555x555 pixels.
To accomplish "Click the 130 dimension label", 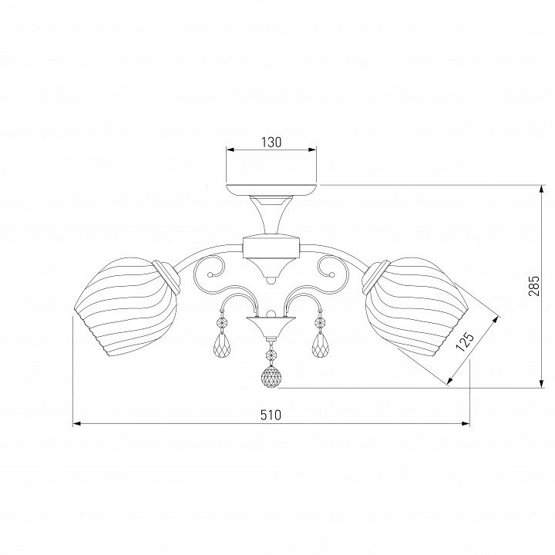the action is tap(271, 142).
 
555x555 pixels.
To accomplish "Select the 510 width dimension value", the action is tap(271, 415).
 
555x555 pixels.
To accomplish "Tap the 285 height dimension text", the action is tap(533, 286).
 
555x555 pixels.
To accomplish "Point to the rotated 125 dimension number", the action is tap(465, 341).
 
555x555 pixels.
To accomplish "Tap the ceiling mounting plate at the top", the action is tap(271, 190).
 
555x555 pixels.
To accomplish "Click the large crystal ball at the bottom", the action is tap(271, 376).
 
